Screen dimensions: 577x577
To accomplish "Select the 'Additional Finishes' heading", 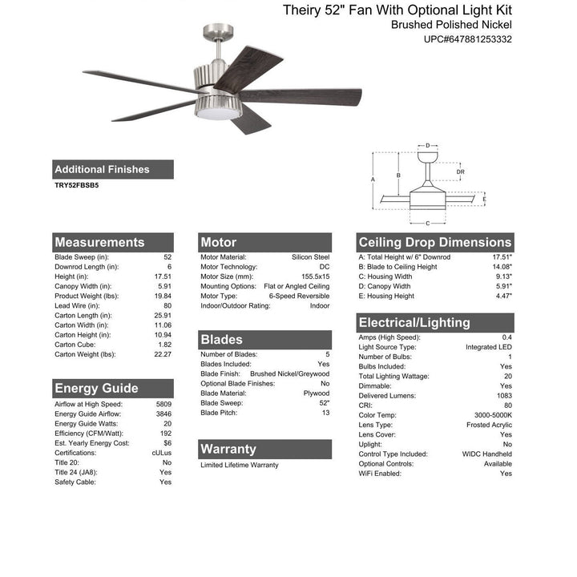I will coord(102,169).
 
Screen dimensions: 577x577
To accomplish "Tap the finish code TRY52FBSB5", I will coord(77,184).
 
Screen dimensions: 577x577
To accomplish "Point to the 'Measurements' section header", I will coord(99,242).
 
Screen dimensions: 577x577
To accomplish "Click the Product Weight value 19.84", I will coord(163,296).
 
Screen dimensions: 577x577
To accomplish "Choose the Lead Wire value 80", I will coord(167,305).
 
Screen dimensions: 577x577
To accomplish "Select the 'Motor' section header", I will coord(219,242).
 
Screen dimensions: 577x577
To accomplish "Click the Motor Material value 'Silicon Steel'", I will coord(310,257).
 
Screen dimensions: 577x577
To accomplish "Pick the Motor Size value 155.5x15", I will coord(311,276).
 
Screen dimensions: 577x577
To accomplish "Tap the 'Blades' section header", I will coord(221,339).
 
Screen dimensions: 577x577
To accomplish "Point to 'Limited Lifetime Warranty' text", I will coord(240,465).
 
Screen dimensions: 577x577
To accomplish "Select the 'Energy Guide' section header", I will coord(96,389).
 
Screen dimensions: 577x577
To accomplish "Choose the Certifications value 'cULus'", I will coord(160,453).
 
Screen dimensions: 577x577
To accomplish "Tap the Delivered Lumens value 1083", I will coord(502,396).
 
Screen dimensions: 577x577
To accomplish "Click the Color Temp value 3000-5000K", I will coord(492,415).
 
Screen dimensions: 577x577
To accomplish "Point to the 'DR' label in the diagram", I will coord(460,171).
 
